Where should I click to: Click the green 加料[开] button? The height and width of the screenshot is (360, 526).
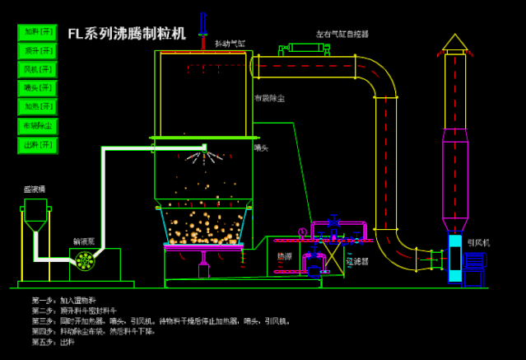point(38,32)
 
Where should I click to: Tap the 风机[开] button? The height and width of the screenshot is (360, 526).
point(38,69)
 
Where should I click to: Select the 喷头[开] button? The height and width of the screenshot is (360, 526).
point(38,88)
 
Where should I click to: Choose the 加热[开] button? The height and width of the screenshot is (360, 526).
point(38,107)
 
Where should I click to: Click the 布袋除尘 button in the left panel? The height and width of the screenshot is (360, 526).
point(38,126)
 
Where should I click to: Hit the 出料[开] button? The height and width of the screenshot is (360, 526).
point(38,145)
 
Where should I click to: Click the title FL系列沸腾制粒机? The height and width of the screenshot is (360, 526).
point(127,34)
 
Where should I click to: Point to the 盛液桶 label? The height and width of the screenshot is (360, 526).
point(35,189)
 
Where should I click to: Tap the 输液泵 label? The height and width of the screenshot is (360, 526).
point(84,241)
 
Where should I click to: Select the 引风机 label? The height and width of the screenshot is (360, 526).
point(479,242)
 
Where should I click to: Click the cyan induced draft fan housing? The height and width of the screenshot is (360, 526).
point(455,259)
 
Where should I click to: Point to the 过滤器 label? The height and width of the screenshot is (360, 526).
point(357,260)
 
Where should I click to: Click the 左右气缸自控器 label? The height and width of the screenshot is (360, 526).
point(342,35)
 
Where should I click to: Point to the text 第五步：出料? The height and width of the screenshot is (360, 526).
point(54,341)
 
